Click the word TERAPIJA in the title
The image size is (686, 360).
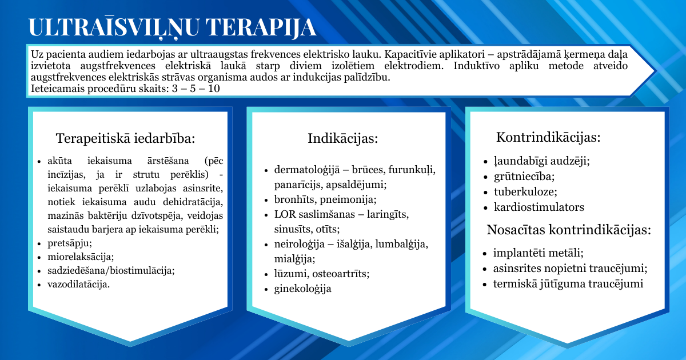261,27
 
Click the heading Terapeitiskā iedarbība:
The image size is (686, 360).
126,138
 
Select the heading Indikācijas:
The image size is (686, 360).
343,138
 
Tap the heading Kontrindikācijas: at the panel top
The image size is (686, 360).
548,137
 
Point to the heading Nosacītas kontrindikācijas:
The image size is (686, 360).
569,230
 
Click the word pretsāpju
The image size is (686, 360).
69,243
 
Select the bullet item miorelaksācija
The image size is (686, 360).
81,257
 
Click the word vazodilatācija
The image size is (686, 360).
78,284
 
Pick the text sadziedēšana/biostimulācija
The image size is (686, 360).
111,271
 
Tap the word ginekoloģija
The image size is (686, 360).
302,289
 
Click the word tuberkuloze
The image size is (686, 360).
525,192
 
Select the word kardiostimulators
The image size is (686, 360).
539,207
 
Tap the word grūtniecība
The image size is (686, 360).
524,177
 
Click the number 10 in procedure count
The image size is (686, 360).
214,89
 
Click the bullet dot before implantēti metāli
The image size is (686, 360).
484,254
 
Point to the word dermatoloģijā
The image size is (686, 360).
307,170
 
